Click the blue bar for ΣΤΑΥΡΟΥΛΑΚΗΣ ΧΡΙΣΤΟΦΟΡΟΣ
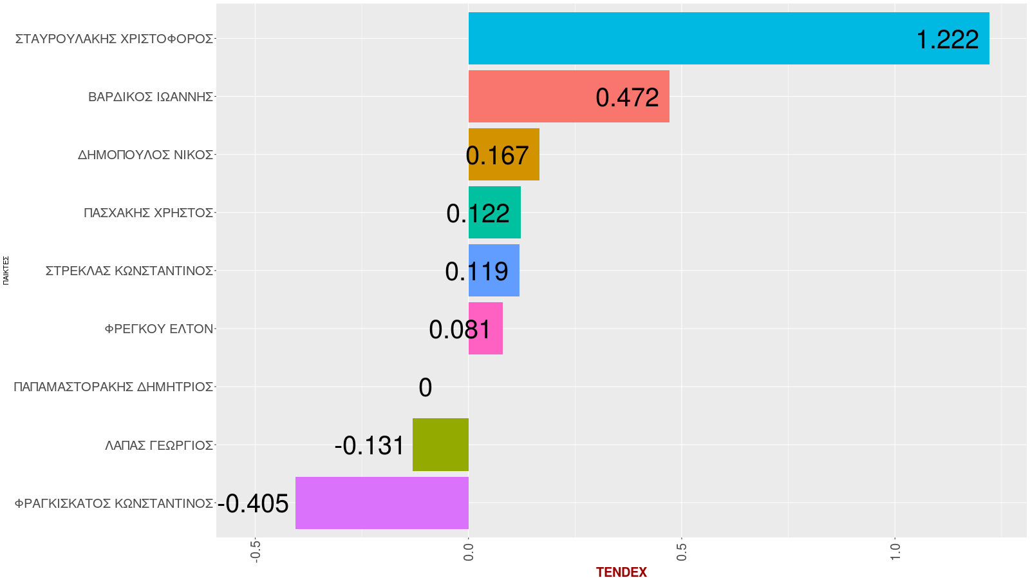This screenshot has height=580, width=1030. (708, 38)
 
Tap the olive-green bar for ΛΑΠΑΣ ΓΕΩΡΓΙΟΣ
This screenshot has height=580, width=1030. (440, 445)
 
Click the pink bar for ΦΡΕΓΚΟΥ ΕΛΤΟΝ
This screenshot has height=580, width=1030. (485, 328)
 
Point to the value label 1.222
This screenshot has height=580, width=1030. (947, 40)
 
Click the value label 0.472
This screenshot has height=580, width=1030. (627, 98)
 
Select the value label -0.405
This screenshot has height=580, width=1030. (253, 504)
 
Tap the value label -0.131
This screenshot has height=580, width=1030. (370, 446)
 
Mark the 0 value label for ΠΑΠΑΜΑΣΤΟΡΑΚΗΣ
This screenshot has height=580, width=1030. (425, 388)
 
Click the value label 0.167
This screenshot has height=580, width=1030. (497, 156)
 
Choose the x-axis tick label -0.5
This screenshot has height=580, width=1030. (256, 550)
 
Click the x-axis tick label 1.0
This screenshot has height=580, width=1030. (895, 550)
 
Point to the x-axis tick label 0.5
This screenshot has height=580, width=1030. (682, 550)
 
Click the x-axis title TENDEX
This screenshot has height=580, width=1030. (621, 572)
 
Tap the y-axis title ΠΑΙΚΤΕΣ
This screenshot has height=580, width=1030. (6, 271)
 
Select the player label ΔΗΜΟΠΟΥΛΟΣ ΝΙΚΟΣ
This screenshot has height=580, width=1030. (145, 155)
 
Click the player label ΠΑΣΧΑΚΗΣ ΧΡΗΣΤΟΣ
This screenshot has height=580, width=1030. (148, 213)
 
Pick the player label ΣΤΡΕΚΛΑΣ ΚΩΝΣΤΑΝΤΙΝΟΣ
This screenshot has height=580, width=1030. (129, 271)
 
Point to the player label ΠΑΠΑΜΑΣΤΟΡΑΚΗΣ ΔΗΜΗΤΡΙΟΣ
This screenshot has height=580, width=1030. (113, 387)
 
